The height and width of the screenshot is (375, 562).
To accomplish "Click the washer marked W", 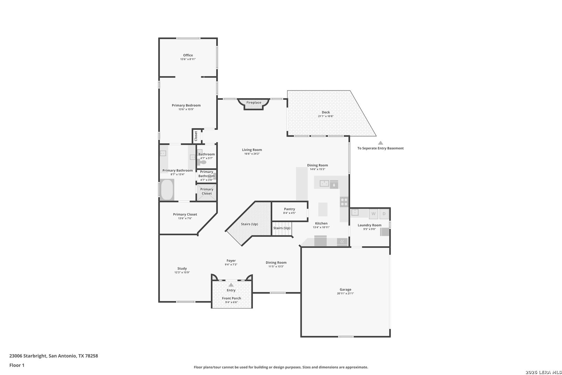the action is point(373,214).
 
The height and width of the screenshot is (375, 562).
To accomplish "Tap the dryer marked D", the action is point(384,214).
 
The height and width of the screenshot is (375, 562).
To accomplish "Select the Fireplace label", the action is point(254,102).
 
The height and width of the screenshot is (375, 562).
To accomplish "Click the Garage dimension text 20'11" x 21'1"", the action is point(345,293).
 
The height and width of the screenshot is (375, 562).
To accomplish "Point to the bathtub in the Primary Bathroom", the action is point(167,190).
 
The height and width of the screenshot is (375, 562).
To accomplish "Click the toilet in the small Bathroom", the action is point(202,162).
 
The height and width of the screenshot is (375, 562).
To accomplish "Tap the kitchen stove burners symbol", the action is point(344,202).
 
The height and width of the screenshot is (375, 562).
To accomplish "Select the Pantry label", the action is point(290,209).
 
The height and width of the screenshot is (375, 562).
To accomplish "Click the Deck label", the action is point(326,112).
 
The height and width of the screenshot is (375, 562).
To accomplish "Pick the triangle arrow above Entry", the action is point(231,285).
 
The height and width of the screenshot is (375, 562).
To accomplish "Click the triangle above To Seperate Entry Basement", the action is point(381,143).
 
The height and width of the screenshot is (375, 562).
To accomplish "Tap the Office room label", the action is point(188,55).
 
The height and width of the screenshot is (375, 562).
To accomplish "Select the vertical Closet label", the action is point(196,136).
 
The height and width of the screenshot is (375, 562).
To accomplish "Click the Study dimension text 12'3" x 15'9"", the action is point(182,272).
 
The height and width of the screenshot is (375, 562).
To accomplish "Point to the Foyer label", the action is point(231,261).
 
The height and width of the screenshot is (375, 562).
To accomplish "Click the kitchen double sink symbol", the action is point(324,184).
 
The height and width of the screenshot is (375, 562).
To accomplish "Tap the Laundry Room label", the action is point(369,225).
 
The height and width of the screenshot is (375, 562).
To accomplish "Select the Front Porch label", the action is point(232,298).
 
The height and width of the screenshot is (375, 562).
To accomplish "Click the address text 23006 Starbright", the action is point(28,356).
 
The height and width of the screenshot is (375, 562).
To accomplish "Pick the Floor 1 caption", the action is point(17,365).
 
